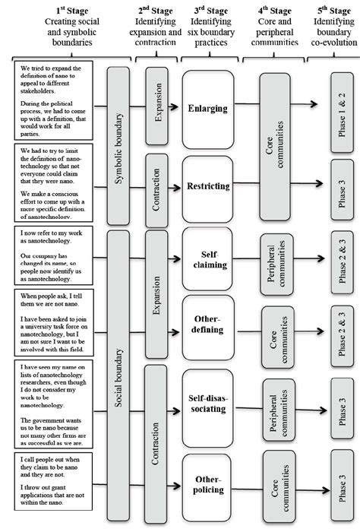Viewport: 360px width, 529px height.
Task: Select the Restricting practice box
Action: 207,185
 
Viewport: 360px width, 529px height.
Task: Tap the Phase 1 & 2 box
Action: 339,106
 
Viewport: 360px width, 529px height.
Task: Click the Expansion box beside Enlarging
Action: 156,109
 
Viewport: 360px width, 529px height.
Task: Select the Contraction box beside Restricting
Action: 156,185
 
